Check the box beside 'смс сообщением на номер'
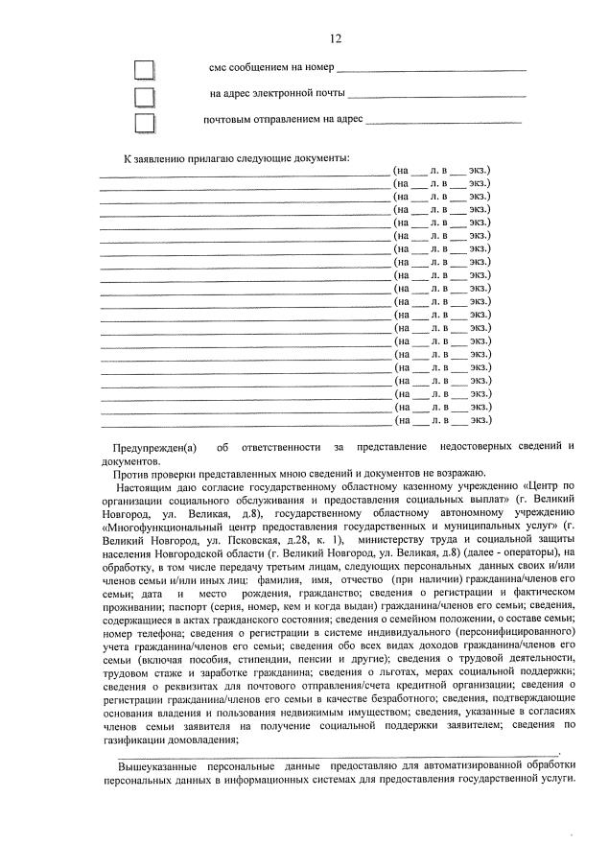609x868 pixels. coord(145,69)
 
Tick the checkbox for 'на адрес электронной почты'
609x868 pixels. coord(145,96)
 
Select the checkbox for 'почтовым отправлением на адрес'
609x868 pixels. coord(145,123)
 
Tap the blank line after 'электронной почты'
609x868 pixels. coord(437,96)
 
